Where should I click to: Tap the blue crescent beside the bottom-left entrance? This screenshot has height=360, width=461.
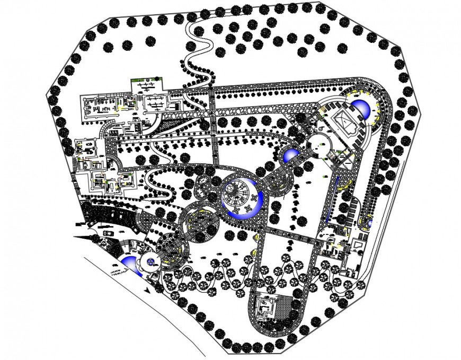pos(130,265)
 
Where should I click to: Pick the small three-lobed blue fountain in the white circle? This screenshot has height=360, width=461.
pos(150,261)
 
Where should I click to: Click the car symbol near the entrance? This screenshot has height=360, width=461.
pos(109,232)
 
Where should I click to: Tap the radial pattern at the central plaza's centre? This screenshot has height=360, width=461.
pos(240,189)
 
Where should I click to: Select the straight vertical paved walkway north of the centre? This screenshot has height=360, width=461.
pos(214,127)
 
